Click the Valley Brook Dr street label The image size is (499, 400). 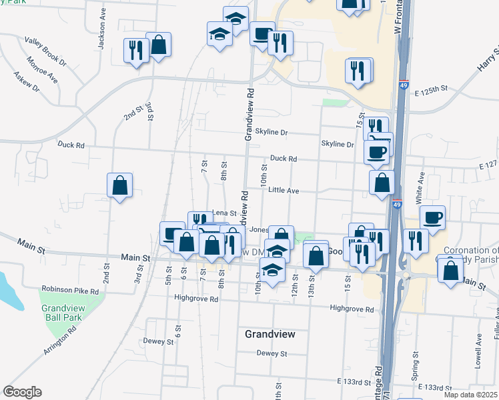[x=45, y=49]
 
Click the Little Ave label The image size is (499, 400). [x=283, y=191]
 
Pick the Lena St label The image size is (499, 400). [x=224, y=213]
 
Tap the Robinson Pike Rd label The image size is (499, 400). [x=70, y=291]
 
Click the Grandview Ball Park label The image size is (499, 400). [x=62, y=314]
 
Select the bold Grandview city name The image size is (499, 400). [x=270, y=333]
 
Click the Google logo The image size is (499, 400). [x=22, y=392]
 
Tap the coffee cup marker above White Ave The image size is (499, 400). [x=432, y=217]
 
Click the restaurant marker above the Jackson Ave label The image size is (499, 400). [x=135, y=50]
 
